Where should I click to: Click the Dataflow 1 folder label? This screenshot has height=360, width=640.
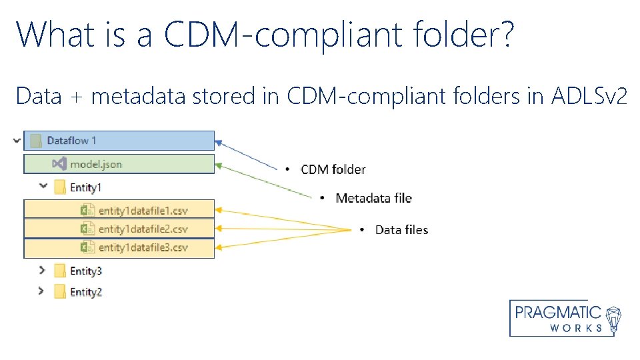pos(71,141)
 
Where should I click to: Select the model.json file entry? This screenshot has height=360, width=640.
pos(96,164)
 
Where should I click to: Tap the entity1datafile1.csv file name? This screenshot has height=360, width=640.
pos(143,211)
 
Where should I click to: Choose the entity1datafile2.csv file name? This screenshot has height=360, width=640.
pos(143,229)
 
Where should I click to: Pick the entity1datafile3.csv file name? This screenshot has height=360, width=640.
pos(143,248)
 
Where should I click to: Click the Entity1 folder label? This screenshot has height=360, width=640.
pos(86,187)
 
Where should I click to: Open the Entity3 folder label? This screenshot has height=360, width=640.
pos(86,271)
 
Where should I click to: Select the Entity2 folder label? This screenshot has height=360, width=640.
pos(86,292)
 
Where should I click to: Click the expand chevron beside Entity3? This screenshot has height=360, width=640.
pos(42,270)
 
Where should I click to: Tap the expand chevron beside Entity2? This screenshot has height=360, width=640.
pos(42,291)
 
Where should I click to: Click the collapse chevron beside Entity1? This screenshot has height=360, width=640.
pos(43,187)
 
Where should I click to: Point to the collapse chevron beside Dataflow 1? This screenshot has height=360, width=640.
pos(15,140)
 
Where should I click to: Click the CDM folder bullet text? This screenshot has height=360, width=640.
pos(333,169)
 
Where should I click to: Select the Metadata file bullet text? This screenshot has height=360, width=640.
pos(373,198)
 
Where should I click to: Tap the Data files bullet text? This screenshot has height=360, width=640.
pos(401,230)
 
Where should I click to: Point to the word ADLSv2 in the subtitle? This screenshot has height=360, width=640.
pos(589,96)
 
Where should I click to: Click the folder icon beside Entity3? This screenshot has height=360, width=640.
pos(60,271)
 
